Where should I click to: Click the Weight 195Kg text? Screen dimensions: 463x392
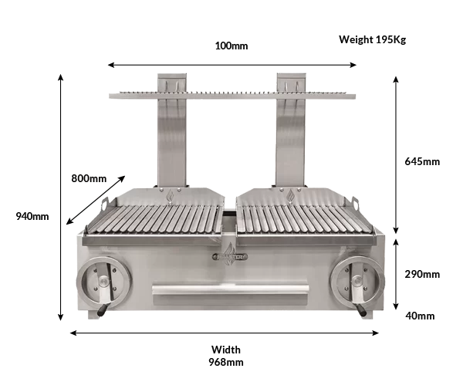[x=373, y=39]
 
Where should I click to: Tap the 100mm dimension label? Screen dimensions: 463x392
[x=231, y=46]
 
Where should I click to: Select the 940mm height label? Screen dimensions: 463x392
[x=32, y=216]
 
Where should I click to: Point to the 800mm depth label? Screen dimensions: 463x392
[x=89, y=178]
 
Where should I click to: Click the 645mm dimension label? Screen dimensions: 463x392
[x=422, y=161]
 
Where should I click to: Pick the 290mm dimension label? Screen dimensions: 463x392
[x=422, y=274]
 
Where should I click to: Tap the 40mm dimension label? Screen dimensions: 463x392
[x=420, y=316]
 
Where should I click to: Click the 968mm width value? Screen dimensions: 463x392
[x=226, y=362]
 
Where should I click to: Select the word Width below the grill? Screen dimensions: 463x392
[x=226, y=350]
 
